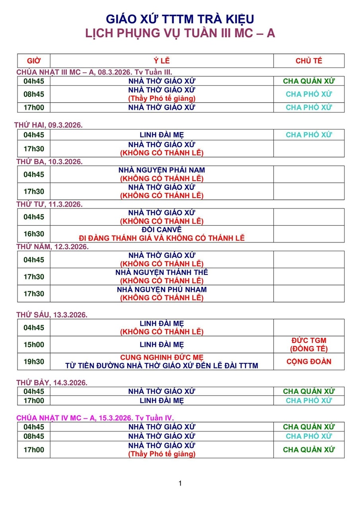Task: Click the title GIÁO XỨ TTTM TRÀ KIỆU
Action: tap(180, 19)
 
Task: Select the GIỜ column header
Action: tap(33, 61)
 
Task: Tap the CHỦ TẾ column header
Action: tap(309, 61)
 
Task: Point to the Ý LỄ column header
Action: tap(162, 61)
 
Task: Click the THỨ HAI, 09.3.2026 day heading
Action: tap(49, 125)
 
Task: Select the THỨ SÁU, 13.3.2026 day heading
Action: tap(52, 315)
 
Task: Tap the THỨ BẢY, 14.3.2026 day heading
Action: tap(52, 383)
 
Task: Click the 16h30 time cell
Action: tap(34, 234)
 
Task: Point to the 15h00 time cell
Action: tap(34, 345)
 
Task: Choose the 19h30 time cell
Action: tap(34, 362)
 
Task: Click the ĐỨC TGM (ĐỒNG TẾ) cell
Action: tap(309, 345)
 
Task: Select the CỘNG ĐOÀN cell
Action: tap(309, 362)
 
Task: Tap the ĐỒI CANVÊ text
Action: tap(162, 230)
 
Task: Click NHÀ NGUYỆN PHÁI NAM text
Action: tap(162, 170)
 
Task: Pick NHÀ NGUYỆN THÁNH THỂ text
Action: tap(162, 272)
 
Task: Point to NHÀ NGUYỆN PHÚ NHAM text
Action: tap(162, 289)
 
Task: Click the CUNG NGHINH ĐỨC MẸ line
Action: tap(162, 357)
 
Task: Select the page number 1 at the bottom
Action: tap(180, 484)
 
